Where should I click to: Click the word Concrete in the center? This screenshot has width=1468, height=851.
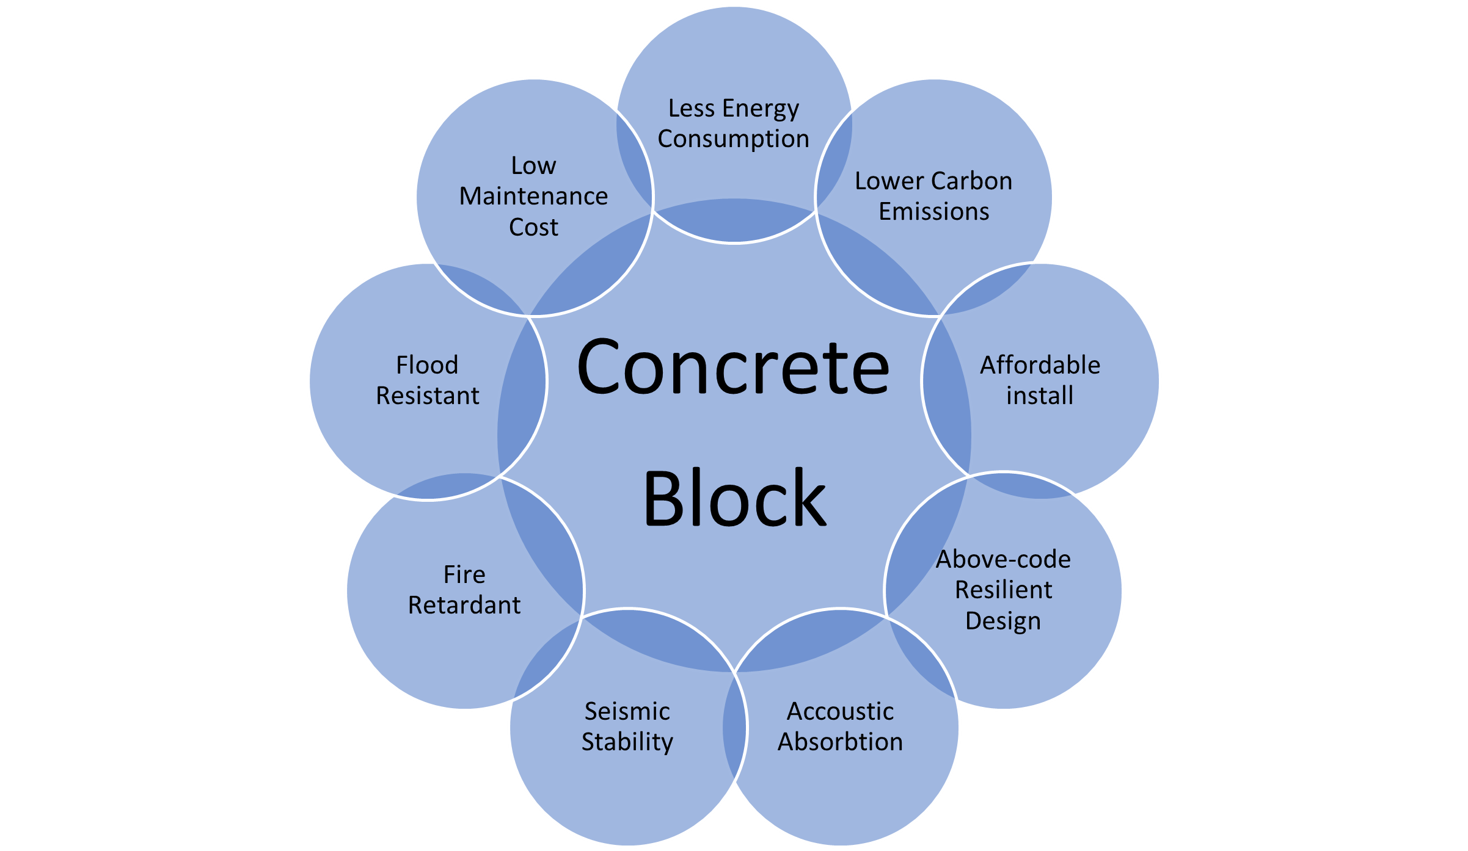pyautogui.click(x=733, y=366)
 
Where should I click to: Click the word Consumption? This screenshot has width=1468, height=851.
pyautogui.click(x=733, y=140)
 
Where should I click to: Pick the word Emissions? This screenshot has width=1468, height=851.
pyautogui.click(x=933, y=212)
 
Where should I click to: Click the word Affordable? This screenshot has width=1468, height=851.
pyautogui.click(x=1040, y=365)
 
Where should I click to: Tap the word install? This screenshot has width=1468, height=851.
pyautogui.click(x=1040, y=396)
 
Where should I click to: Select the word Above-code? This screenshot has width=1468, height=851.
pyautogui.click(x=1003, y=559)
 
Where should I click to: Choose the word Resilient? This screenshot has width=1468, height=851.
pyautogui.click(x=1003, y=590)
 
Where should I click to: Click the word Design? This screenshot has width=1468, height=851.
pyautogui.click(x=1003, y=621)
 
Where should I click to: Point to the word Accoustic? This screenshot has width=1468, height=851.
pyautogui.click(x=840, y=711)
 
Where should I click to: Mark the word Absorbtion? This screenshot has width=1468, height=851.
pyautogui.click(x=840, y=742)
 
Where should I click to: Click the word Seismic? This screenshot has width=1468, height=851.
pyautogui.click(x=627, y=711)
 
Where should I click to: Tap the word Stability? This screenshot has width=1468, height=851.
pyautogui.click(x=627, y=743)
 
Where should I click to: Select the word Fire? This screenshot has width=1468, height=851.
pyautogui.click(x=464, y=574)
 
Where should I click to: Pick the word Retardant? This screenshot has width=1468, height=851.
pyautogui.click(x=464, y=605)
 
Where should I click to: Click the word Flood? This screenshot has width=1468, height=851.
pyautogui.click(x=427, y=365)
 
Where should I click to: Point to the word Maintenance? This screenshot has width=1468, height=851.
pyautogui.click(x=533, y=197)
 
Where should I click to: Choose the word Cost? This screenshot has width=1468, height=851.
pyautogui.click(x=533, y=227)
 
